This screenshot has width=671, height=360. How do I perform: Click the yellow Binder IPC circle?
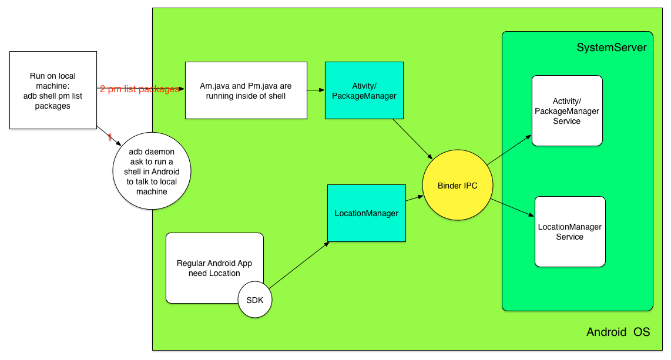[x=458, y=186]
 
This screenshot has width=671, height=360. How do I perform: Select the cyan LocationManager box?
[x=366, y=213]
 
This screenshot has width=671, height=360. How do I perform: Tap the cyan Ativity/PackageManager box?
[x=364, y=90]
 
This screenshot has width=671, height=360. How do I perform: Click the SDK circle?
[x=255, y=300]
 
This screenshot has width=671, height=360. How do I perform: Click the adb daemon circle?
[x=152, y=171]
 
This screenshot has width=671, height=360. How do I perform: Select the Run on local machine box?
[x=53, y=90]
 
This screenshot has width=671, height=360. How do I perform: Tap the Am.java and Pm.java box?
[x=246, y=90]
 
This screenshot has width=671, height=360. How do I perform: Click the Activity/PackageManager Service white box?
[x=567, y=111]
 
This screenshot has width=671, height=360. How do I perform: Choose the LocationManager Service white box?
[x=569, y=231]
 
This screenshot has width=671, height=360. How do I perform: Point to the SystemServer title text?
[x=611, y=48]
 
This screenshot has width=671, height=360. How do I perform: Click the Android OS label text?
[x=618, y=332]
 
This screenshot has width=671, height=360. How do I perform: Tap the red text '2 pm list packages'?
[x=139, y=89]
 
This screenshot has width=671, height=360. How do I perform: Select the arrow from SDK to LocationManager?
[x=299, y=265]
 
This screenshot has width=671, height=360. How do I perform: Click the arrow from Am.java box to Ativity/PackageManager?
[x=316, y=90]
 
